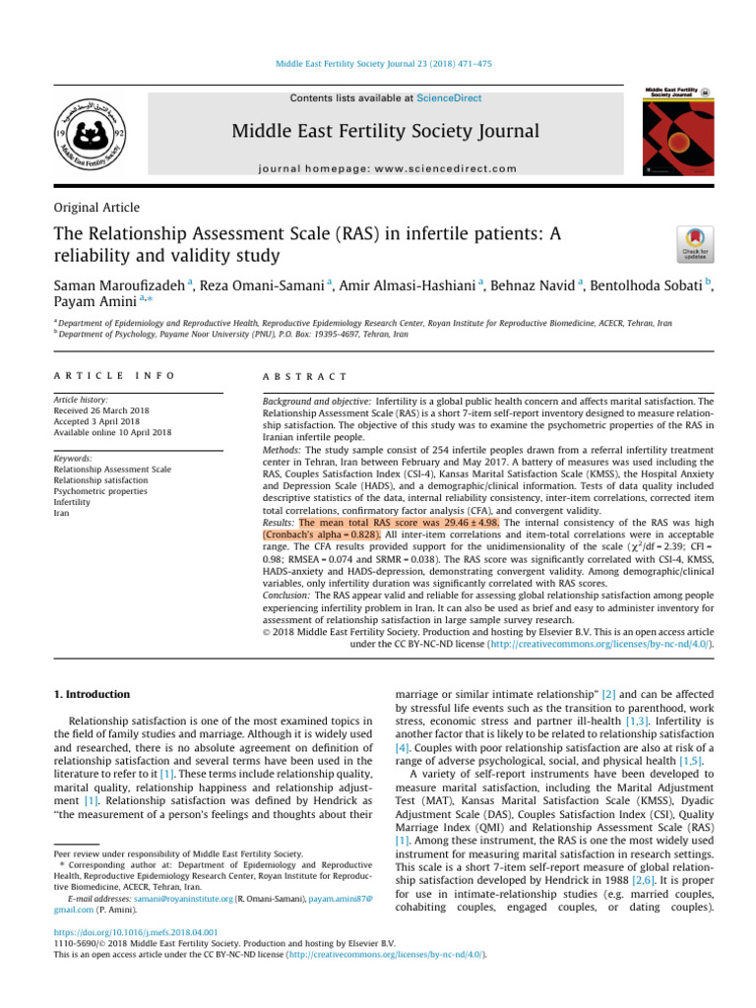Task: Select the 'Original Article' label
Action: [x=96, y=208]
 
